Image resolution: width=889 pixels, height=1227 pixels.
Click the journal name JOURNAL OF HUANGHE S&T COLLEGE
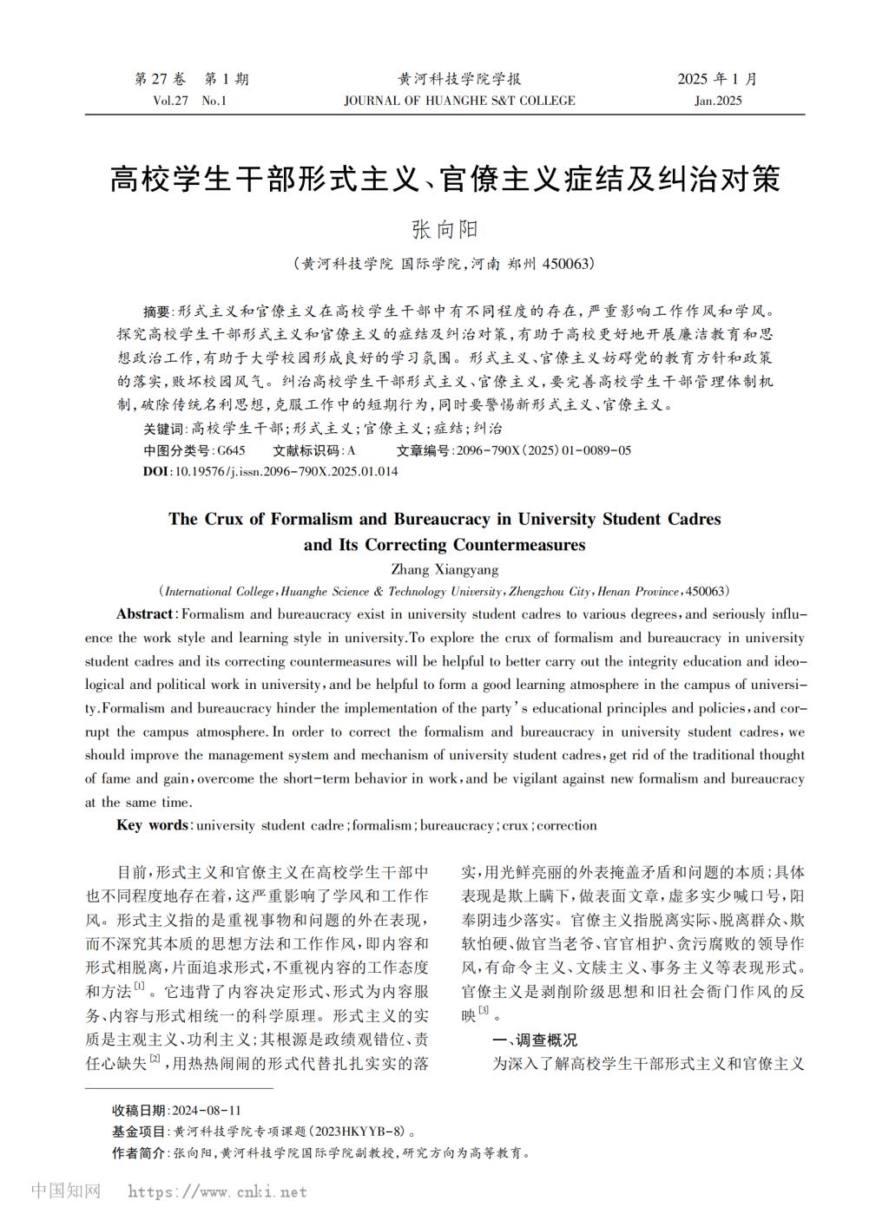click(x=459, y=101)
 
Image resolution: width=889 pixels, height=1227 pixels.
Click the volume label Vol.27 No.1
click(x=188, y=101)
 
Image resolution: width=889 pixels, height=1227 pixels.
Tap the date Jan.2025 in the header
click(x=718, y=101)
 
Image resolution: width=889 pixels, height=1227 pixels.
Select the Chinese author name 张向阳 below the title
click(x=444, y=229)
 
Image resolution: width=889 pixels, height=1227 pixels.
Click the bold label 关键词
click(x=164, y=429)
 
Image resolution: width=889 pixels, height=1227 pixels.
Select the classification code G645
click(x=231, y=450)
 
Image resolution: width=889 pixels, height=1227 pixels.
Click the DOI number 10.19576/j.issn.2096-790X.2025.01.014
click(x=286, y=471)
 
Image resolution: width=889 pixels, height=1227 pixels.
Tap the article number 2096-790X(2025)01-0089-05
click(x=543, y=450)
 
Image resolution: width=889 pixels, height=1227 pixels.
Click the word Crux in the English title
click(x=229, y=520)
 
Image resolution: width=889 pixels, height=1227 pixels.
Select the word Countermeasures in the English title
click(x=519, y=546)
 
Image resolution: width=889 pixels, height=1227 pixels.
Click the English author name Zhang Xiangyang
click(x=444, y=570)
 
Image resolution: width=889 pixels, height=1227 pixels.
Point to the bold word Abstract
click(x=144, y=614)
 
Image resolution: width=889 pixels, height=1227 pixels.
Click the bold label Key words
click(x=152, y=825)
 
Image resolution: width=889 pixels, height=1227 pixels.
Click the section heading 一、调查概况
click(x=534, y=1040)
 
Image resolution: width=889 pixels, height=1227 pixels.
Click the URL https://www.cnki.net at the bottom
click(x=217, y=1192)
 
